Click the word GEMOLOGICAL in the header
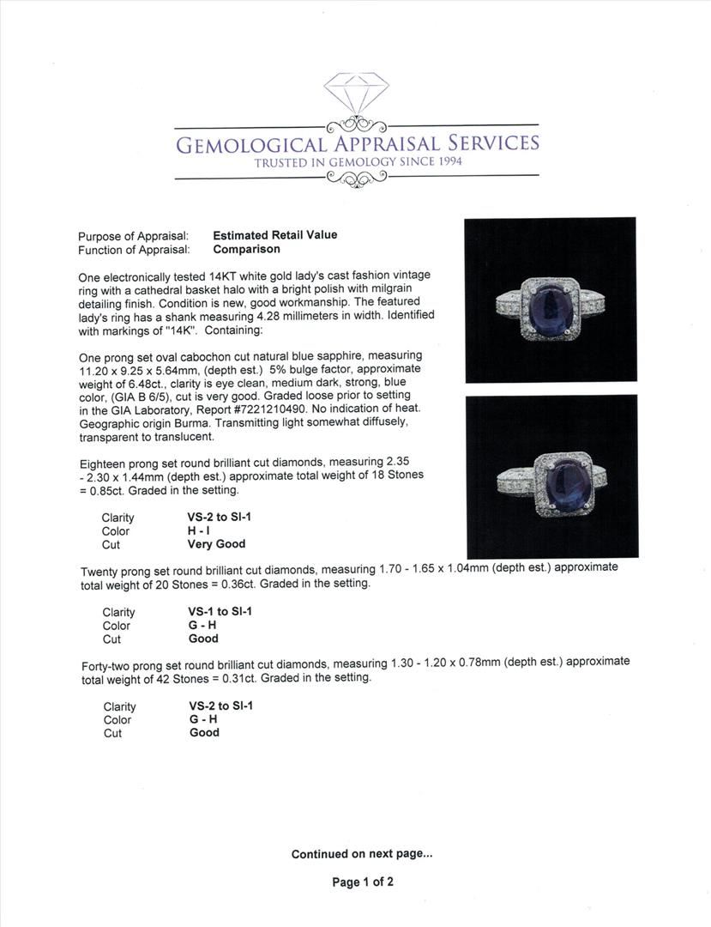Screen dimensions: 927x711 point(250,143)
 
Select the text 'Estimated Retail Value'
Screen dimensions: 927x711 point(274,235)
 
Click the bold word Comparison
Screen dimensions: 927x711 point(246,249)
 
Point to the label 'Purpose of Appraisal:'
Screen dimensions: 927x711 point(133,236)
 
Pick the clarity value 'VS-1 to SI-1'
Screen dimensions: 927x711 point(220,612)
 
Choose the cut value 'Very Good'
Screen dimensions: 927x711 point(216,544)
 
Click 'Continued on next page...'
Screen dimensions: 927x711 point(362,854)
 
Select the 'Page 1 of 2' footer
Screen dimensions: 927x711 point(362,882)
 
